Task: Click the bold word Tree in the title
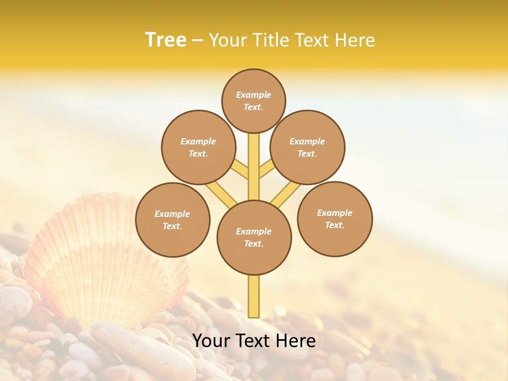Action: tap(166, 40)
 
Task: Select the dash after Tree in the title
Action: tap(197, 40)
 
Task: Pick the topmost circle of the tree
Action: tap(253, 101)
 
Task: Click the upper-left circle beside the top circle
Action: tap(198, 147)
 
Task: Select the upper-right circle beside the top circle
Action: tap(307, 147)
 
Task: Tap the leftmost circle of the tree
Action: tap(173, 220)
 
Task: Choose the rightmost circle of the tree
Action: tap(334, 219)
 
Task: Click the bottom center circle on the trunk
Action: tap(254, 237)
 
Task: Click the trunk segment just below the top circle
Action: tap(254, 159)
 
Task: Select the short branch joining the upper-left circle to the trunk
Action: tap(240, 169)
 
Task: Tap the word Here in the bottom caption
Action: tap(297, 341)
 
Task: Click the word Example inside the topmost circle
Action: tap(253, 95)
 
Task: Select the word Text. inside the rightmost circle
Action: tap(334, 225)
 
